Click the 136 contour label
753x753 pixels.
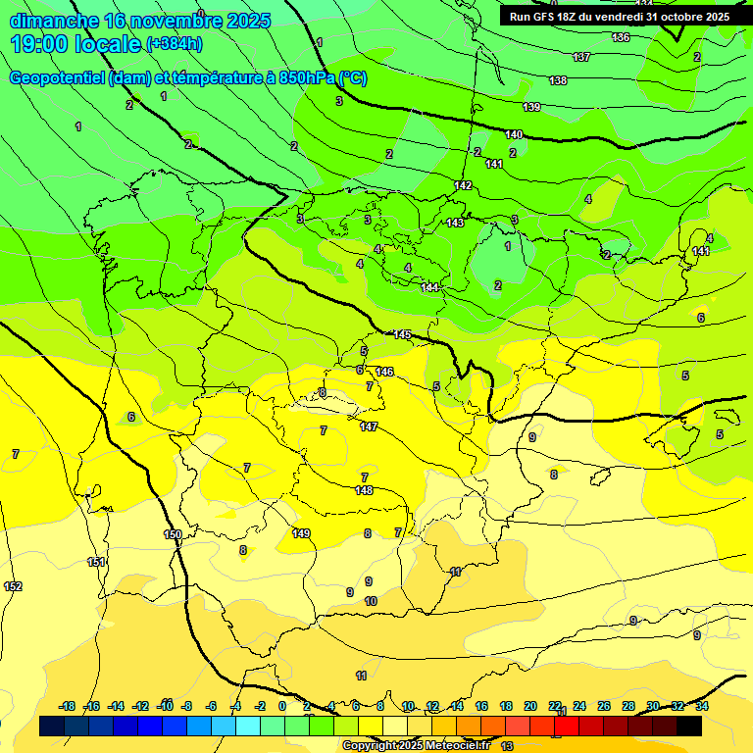[621, 37]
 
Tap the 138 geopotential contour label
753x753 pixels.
[558, 80]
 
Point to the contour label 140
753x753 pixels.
[514, 134]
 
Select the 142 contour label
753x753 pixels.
[463, 185]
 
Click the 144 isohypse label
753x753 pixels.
[429, 286]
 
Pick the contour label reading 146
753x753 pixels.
[384, 372]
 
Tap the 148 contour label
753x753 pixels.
[364, 490]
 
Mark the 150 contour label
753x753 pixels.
[173, 534]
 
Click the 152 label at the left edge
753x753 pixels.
[13, 586]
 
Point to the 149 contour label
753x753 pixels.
[301, 533]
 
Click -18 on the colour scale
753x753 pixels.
[67, 706]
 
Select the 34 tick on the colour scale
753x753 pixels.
[702, 706]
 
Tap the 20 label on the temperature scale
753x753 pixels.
[530, 706]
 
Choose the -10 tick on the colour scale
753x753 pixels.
[166, 706]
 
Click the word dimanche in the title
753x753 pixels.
[54, 21]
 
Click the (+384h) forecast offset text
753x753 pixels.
[175, 44]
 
